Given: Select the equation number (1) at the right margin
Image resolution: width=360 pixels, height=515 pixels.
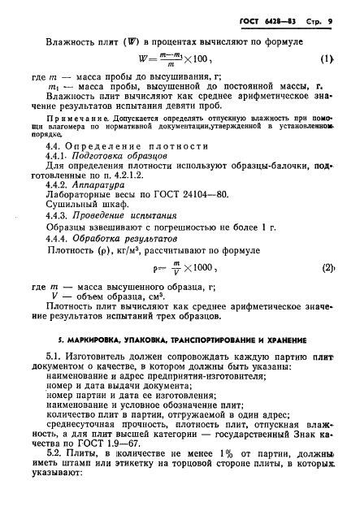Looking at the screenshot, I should tap(327, 58).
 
